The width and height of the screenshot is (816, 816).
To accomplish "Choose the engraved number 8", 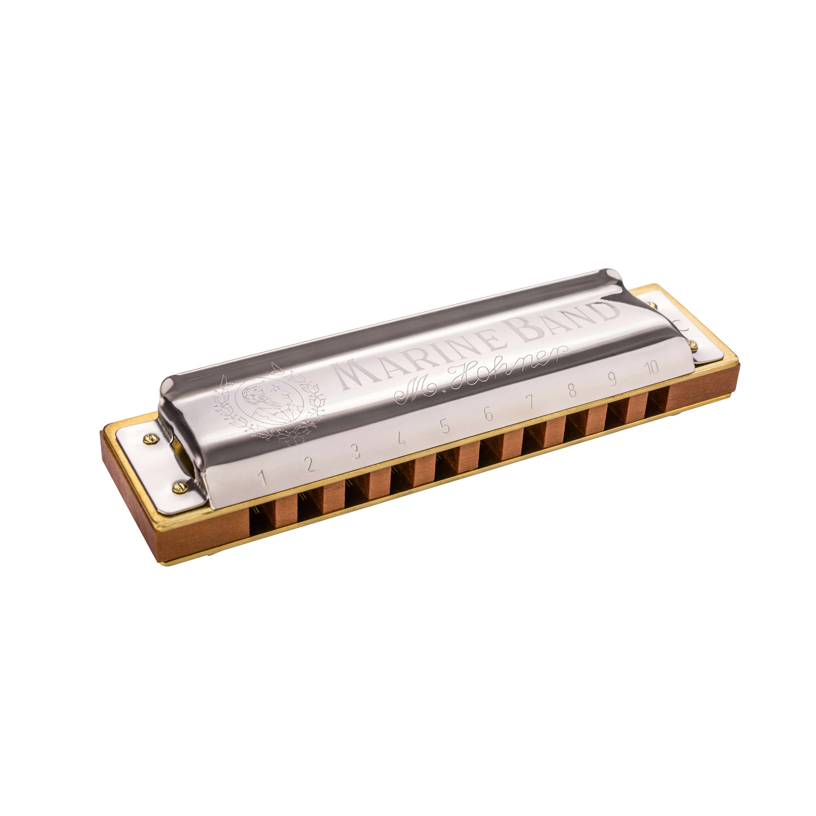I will pos(572,391).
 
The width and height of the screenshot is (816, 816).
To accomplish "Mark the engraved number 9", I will pos(612,380).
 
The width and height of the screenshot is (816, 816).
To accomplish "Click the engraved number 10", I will pos(652,368).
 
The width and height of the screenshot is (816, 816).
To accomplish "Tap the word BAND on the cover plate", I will pos(566,319).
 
